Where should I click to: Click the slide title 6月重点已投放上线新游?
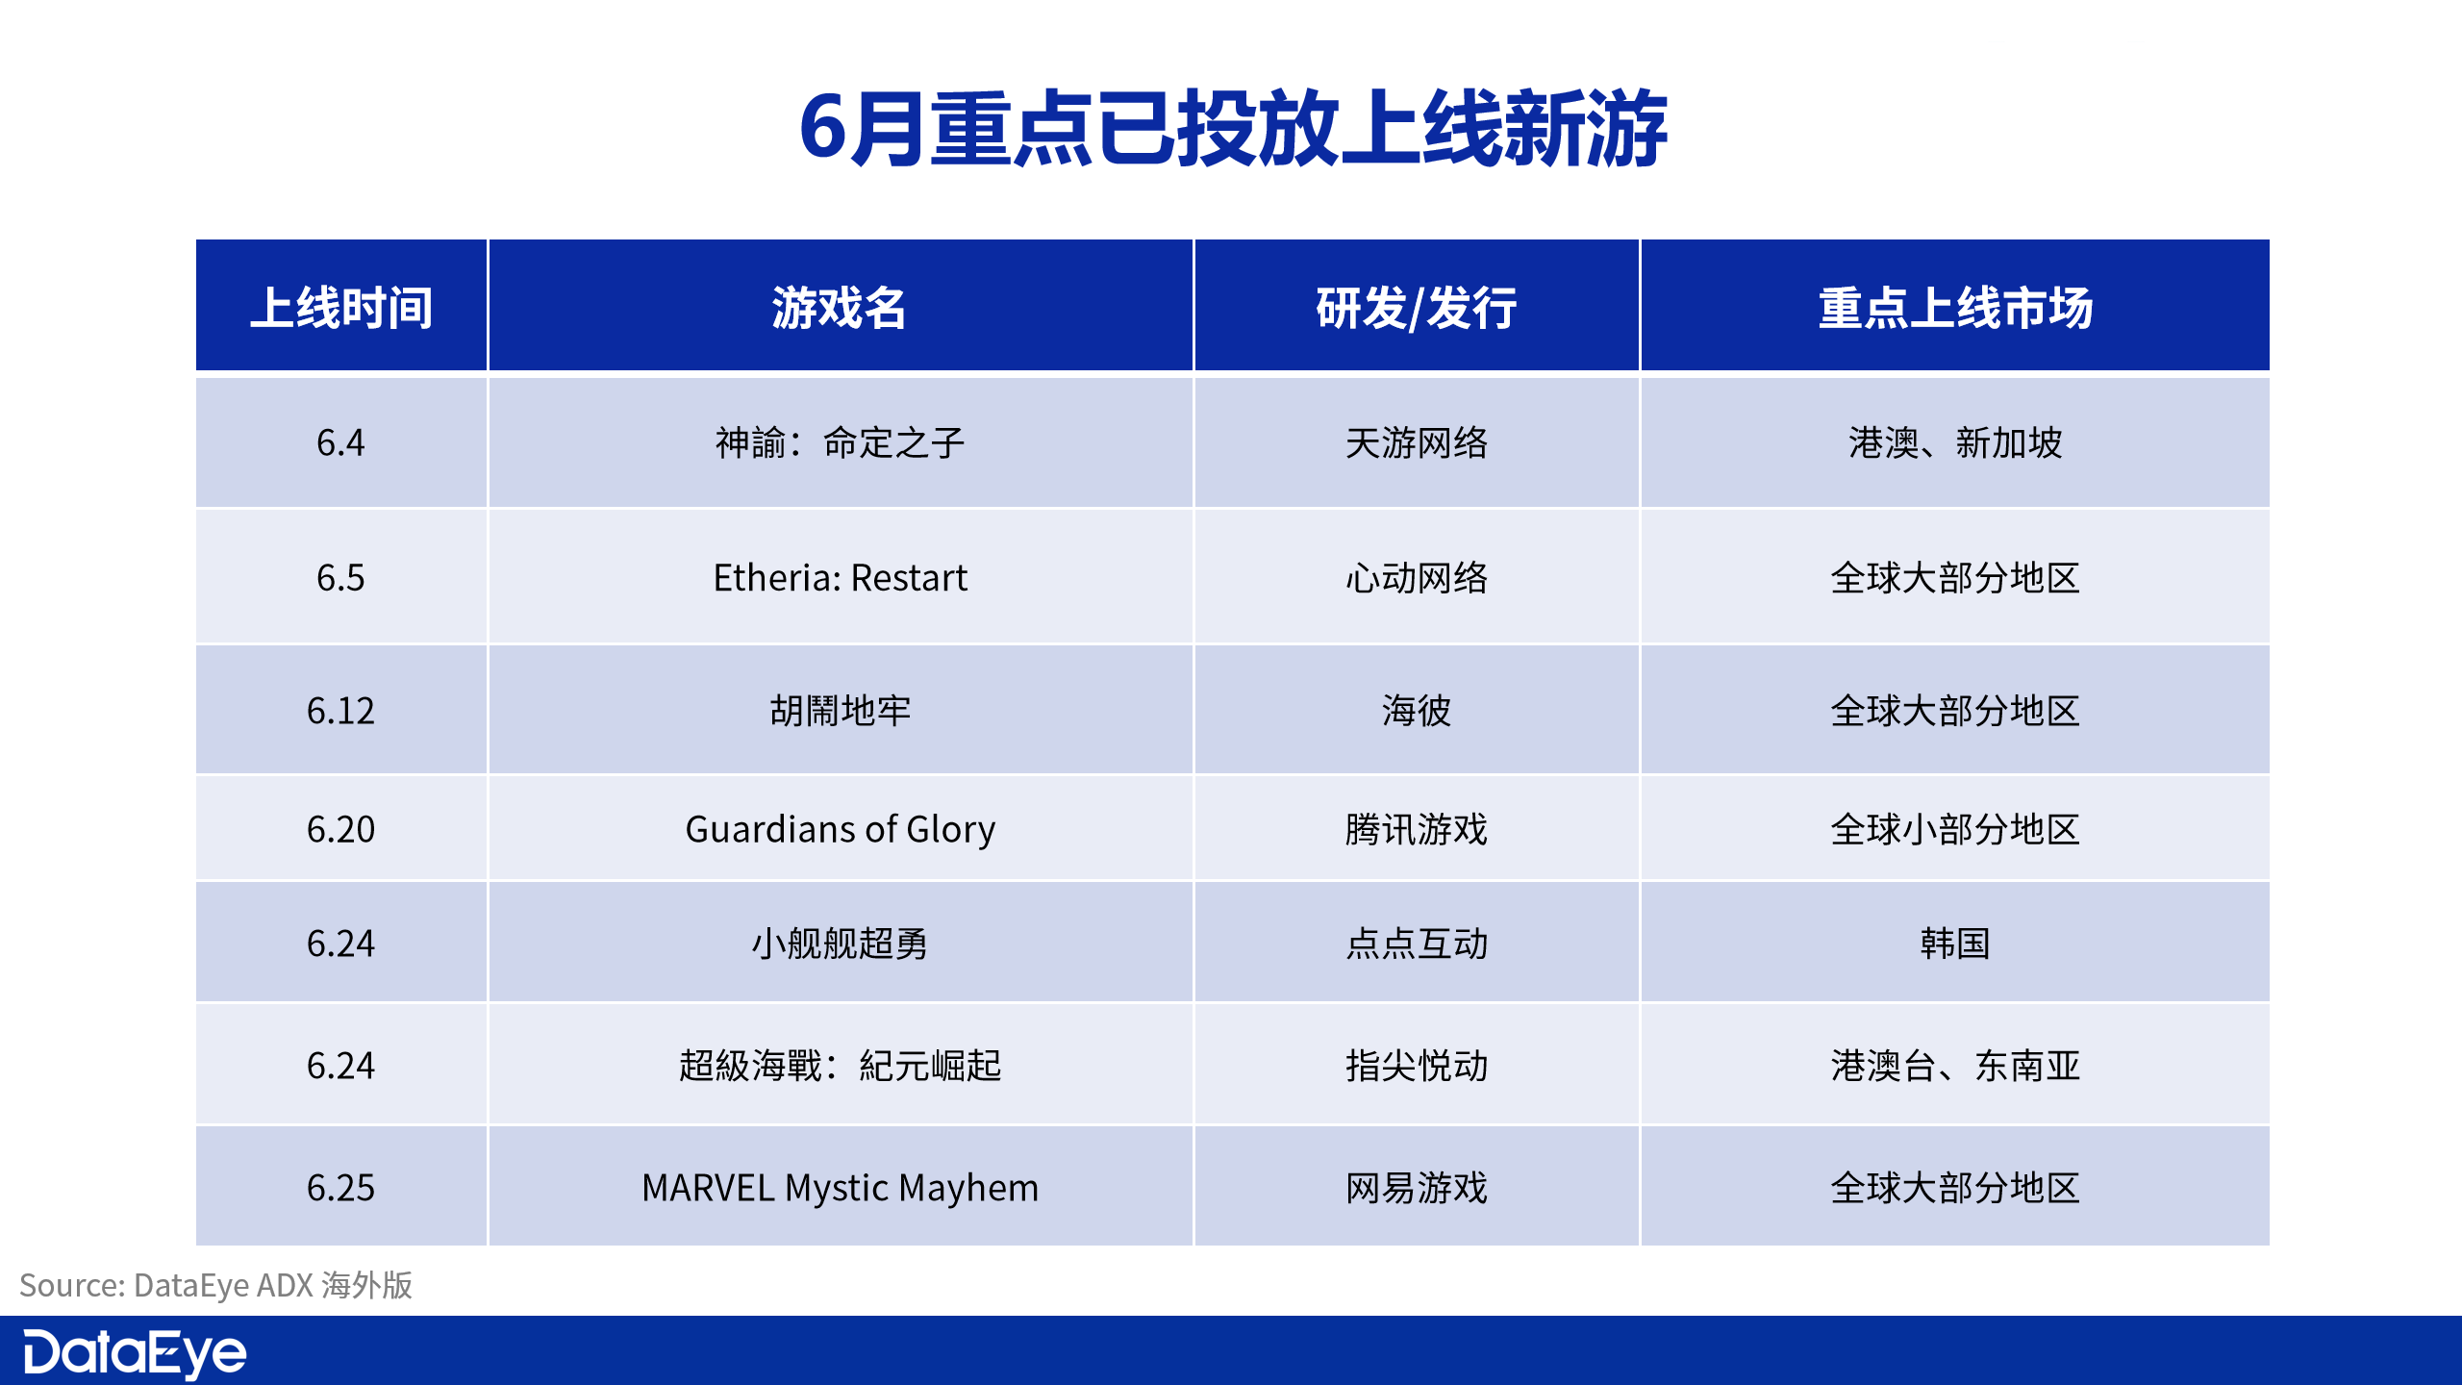coord(1233,129)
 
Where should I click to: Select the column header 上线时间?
coord(341,308)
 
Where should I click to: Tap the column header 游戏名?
coord(840,308)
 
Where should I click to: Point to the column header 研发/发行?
coord(1416,308)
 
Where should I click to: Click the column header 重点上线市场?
coord(1955,308)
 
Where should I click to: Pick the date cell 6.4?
coord(341,443)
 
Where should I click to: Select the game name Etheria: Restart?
coord(840,578)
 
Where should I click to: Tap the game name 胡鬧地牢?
coord(840,711)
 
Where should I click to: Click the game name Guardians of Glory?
coord(840,829)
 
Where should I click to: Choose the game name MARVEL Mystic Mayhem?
coord(840,1188)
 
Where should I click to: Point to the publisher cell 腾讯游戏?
coord(1416,829)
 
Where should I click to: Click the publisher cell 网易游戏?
coord(1416,1188)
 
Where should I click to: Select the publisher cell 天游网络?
coord(1416,443)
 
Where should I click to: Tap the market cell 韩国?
coord(1955,944)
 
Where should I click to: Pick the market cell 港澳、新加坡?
coord(1955,443)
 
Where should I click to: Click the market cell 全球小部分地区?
coord(1955,829)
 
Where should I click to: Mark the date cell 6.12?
coord(341,711)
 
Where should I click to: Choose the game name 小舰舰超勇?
coord(840,944)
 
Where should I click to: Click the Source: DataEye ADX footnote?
coord(216,1285)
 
